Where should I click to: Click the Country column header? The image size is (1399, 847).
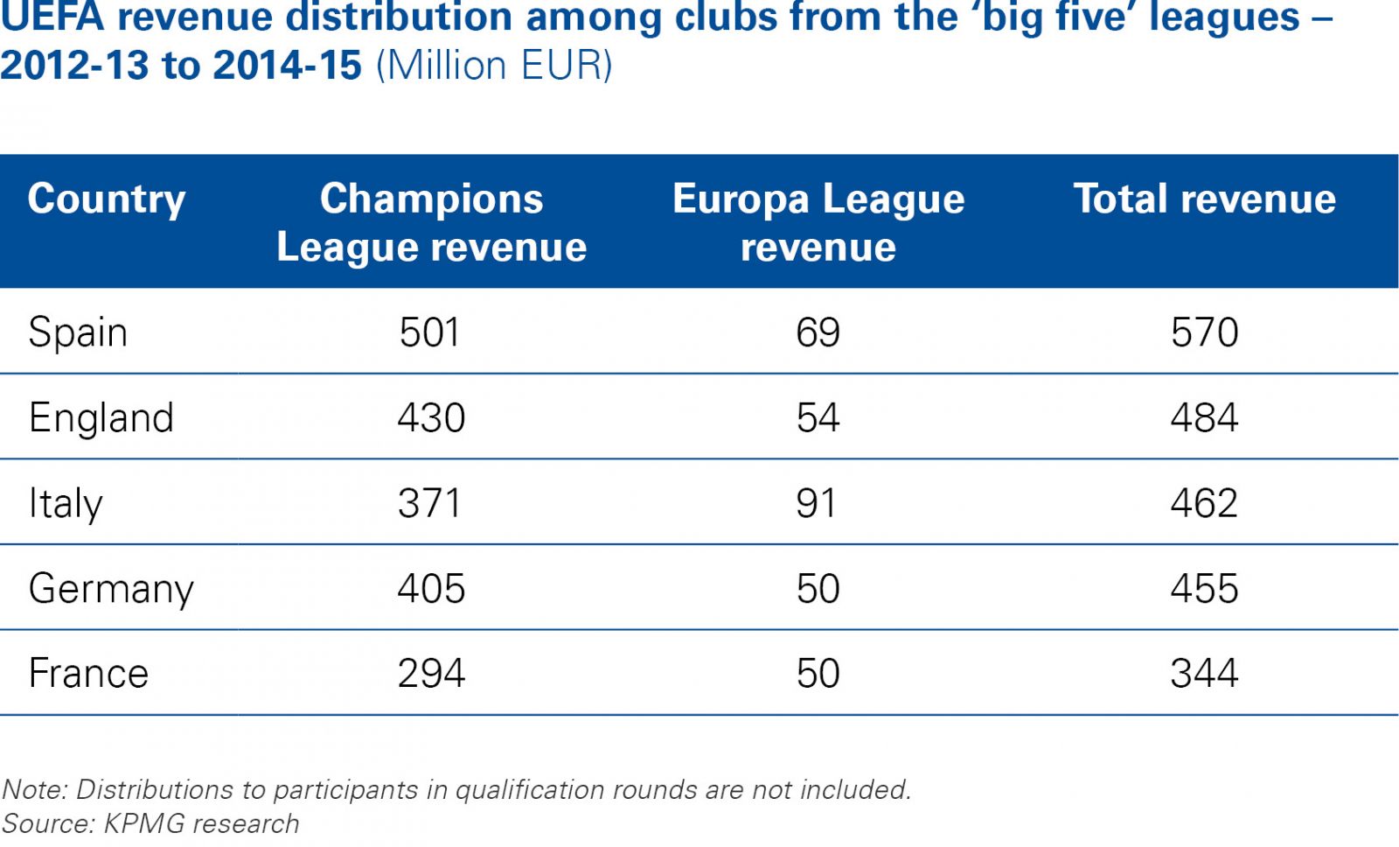pos(107,199)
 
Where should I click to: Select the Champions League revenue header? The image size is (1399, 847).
pos(431,222)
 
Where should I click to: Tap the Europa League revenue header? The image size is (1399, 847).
pos(818,222)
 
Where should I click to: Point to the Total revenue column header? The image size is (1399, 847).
pos(1204,199)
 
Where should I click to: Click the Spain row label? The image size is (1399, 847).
pos(78,332)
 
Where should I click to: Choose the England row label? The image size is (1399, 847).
pos(101,417)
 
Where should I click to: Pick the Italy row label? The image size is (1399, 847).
pos(66,503)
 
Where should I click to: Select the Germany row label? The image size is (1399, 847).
pos(111,588)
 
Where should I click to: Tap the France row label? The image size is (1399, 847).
pos(88,673)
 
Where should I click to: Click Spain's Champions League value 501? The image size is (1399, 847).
pos(429,332)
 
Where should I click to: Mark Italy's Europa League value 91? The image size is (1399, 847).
pos(817,503)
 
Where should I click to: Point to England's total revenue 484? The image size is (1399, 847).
pos(1204,417)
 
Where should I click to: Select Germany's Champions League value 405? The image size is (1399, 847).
pos(431,588)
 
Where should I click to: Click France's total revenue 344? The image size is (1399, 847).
pos(1204,673)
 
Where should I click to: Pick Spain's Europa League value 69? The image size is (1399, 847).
pos(818,332)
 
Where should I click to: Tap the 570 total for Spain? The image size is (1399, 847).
pos(1204,332)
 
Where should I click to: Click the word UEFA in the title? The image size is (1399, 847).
pos(51,17)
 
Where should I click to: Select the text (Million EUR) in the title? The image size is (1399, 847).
pos(494,66)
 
